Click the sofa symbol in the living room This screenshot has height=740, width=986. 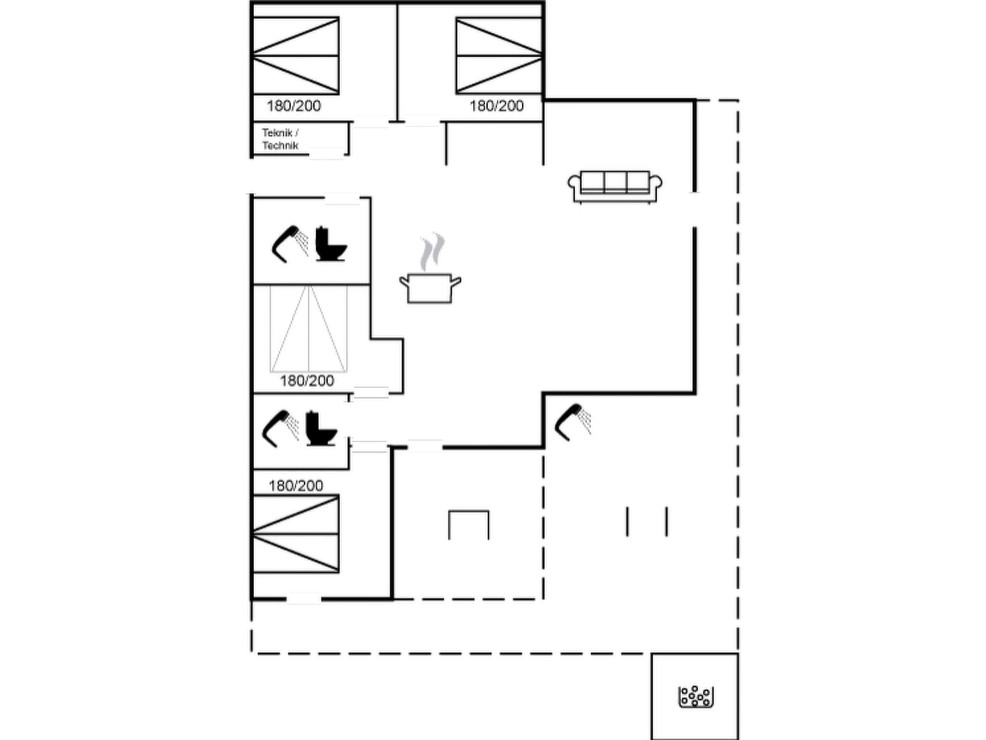click(615, 186)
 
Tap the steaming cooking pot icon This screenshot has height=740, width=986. click(430, 287)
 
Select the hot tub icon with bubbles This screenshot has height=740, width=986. click(695, 697)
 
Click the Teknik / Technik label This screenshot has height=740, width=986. click(280, 139)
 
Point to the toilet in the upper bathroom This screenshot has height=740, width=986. click(331, 244)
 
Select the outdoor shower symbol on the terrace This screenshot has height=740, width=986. click(573, 422)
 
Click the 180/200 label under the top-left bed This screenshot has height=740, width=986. click(294, 106)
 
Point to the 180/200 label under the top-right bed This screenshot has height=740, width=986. click(496, 106)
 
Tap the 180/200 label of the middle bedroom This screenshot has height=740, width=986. click(307, 381)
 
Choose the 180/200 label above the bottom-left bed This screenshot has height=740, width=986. click(296, 486)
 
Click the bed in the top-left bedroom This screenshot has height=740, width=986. click(296, 56)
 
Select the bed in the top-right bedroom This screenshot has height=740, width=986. click(499, 56)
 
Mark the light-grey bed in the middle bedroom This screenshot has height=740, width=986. click(308, 329)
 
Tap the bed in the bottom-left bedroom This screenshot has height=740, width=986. click(296, 534)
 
